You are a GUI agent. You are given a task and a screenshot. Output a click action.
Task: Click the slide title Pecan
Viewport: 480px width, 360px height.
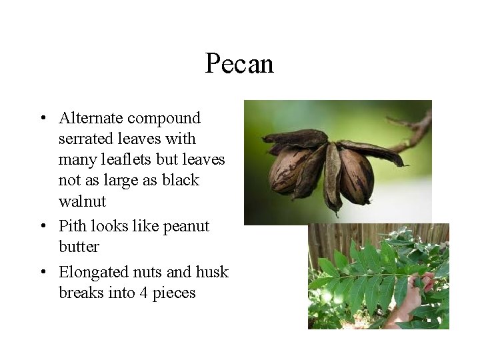[x=239, y=64]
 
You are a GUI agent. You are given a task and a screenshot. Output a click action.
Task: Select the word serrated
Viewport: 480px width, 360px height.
[x=85, y=139]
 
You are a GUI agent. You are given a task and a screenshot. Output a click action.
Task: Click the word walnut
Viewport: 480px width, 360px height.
[x=82, y=201]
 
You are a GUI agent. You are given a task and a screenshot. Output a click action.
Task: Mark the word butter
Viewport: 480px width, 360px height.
[x=79, y=247]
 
